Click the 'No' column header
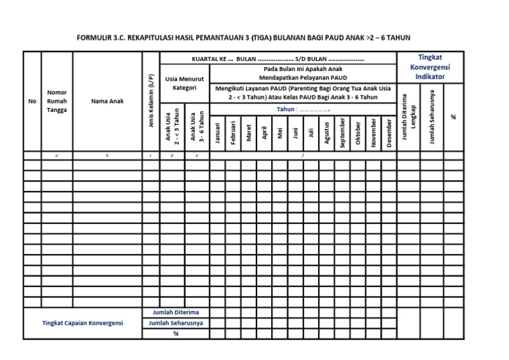tap(32, 101)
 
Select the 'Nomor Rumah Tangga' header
tap(57, 101)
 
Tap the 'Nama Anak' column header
tap(107, 101)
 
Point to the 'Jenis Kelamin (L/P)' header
tap(151, 101)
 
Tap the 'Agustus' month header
tap(327, 131)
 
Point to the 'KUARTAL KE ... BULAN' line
tap(278, 58)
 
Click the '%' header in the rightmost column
tap(453, 117)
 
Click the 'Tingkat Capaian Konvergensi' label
tap(83, 323)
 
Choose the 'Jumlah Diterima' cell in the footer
tap(176, 312)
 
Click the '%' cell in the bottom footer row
tap(176, 333)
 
